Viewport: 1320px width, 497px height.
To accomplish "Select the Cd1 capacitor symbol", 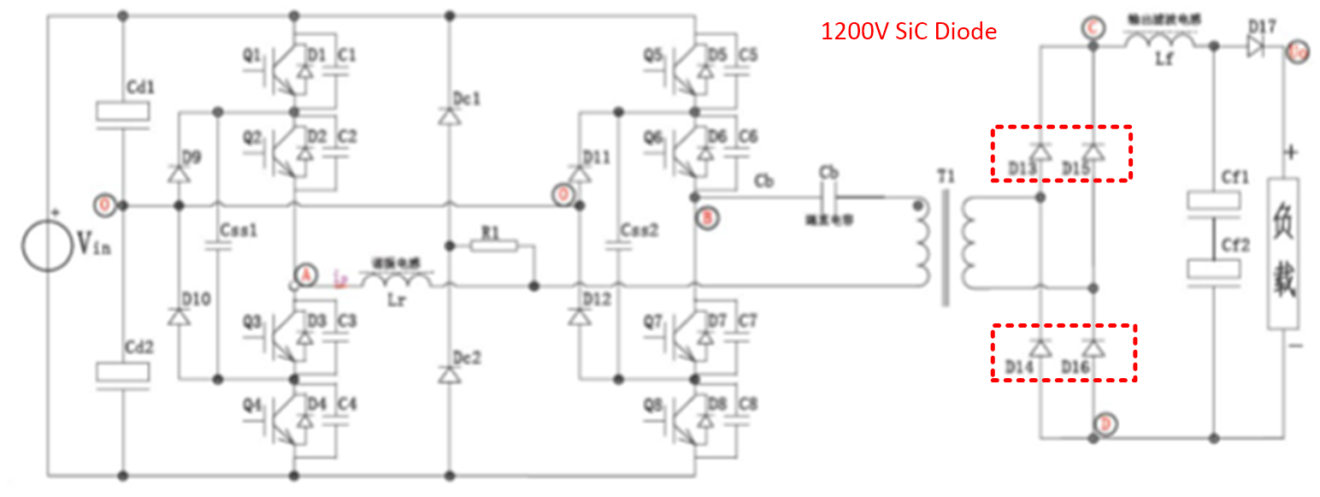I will [123, 112].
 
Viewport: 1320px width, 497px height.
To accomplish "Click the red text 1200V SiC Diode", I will [908, 32].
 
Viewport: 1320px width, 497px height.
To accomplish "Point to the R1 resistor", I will [493, 246].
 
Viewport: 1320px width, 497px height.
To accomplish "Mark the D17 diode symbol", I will [1255, 48].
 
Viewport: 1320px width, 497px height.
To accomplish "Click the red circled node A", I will [303, 275].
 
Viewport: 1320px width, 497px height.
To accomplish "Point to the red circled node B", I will [709, 217].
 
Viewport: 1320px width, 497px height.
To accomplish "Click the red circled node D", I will [1106, 423].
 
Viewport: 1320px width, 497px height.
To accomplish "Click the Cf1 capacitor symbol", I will [1213, 202].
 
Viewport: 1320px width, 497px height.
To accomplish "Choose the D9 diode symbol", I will [178, 174].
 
